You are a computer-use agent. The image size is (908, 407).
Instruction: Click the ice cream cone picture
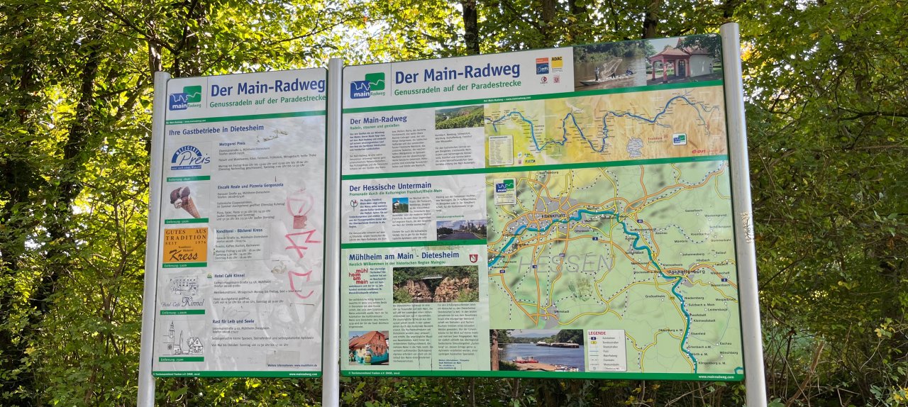[x=185, y=202]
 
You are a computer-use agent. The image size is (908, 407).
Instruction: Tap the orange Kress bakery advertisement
[x=185, y=245]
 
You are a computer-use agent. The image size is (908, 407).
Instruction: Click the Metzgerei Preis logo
[x=189, y=157]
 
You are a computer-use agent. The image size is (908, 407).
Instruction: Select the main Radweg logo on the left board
[x=185, y=97]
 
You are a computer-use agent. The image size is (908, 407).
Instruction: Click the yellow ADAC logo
[x=557, y=65]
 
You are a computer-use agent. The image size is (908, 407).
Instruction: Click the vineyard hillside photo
[x=459, y=117]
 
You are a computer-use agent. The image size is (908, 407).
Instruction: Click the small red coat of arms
[x=473, y=258]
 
